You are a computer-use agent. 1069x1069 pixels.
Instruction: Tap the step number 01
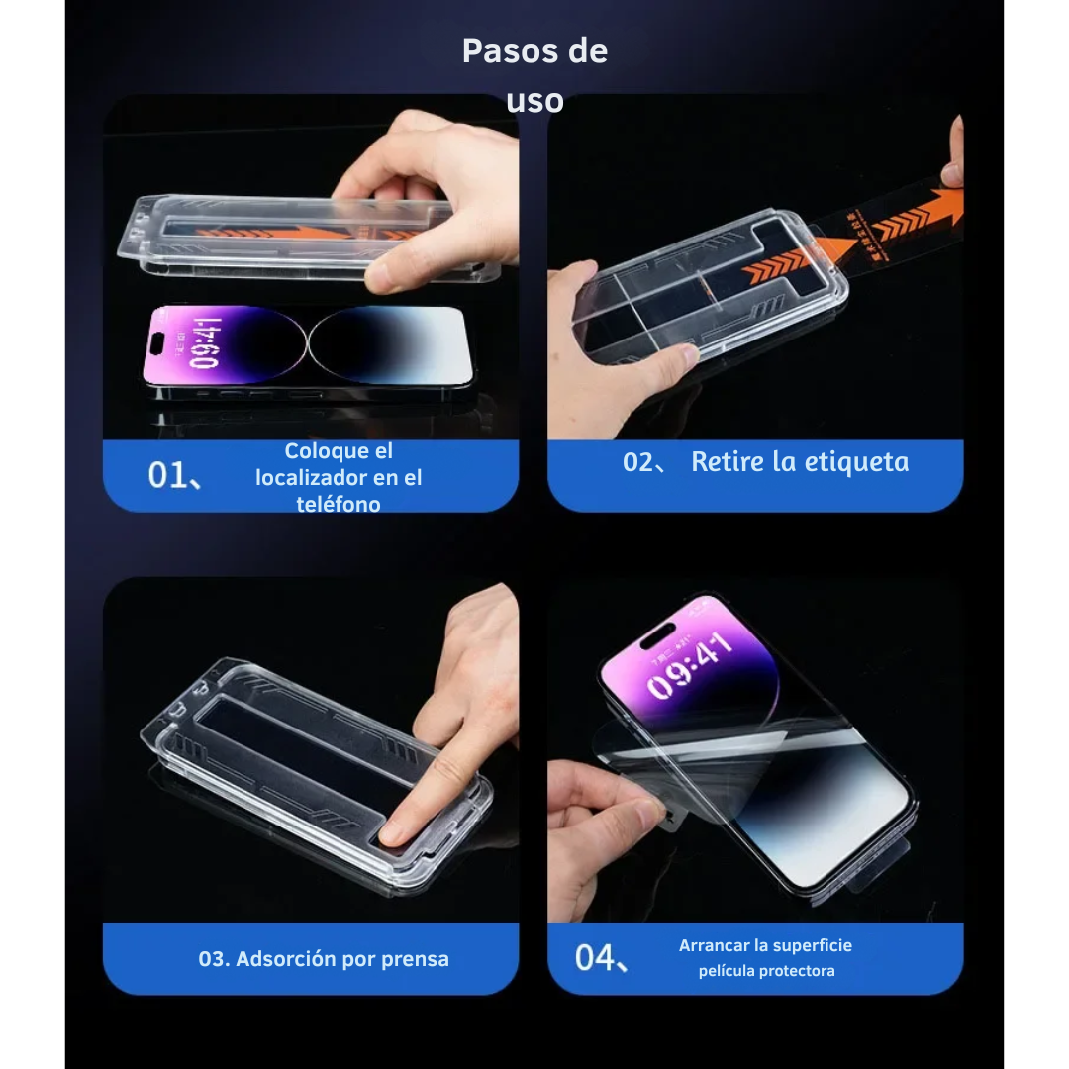tap(168, 476)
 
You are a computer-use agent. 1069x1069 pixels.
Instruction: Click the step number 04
tap(596, 957)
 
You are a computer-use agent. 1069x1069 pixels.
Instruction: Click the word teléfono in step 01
tap(338, 503)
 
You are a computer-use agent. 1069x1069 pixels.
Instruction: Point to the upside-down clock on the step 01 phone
tap(204, 343)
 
